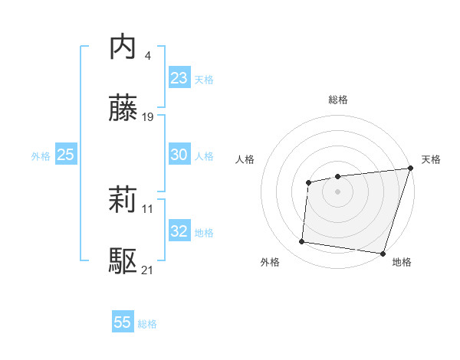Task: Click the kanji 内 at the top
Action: [123, 47]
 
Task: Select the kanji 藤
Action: [123, 108]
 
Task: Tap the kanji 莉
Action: [123, 201]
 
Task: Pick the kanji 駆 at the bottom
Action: [123, 261]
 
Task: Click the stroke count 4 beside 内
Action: [148, 55]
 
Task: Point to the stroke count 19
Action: [148, 117]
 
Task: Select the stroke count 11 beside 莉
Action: [148, 209]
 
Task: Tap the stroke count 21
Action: [148, 270]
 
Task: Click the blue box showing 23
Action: [179, 78]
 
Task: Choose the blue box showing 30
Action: [179, 155]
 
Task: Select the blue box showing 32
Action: [179, 231]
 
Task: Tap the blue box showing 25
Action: [65, 155]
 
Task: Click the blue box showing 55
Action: [123, 322]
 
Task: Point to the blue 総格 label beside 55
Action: [147, 324]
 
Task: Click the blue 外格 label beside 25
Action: [41, 156]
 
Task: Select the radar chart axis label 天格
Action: [431, 159]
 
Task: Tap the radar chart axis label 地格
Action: [402, 262]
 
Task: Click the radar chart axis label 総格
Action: [337, 100]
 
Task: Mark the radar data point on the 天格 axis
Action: [410, 169]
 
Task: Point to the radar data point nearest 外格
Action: [302, 242]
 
